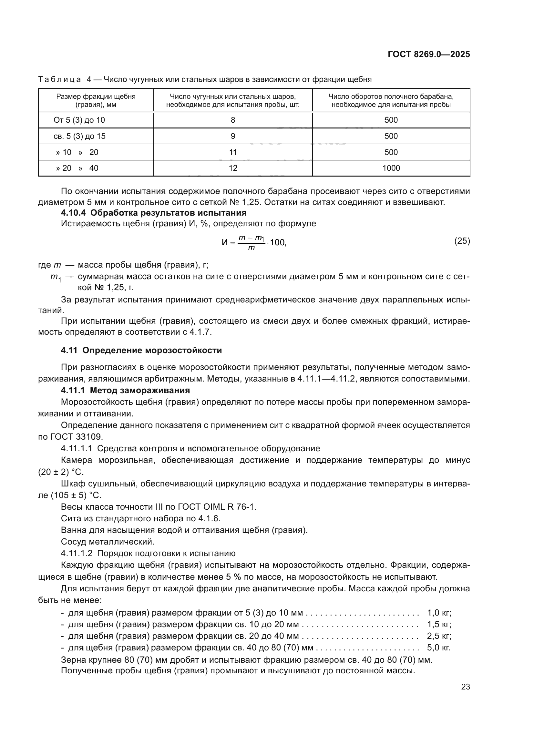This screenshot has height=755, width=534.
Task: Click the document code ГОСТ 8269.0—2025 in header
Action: coord(429,54)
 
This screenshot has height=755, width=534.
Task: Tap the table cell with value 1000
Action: coord(391,168)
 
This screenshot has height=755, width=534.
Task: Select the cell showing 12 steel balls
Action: coord(233,168)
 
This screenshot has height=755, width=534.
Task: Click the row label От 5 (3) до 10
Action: coord(79,120)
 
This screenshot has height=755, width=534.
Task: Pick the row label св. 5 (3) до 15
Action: coord(79,136)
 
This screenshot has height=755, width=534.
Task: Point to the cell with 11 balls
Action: coord(233,152)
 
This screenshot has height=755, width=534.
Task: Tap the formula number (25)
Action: coord(462,241)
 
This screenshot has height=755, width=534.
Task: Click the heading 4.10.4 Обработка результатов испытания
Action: coord(154,213)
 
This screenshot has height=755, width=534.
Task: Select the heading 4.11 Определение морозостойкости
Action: coord(141,351)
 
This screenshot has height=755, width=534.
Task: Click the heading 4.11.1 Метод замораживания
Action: coord(125,390)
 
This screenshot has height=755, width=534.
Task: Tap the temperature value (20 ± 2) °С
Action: coord(61,472)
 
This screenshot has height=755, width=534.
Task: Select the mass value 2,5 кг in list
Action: coord(439,636)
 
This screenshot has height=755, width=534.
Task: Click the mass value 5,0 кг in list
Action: coord(438,648)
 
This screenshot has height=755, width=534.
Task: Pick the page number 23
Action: coord(465,687)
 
